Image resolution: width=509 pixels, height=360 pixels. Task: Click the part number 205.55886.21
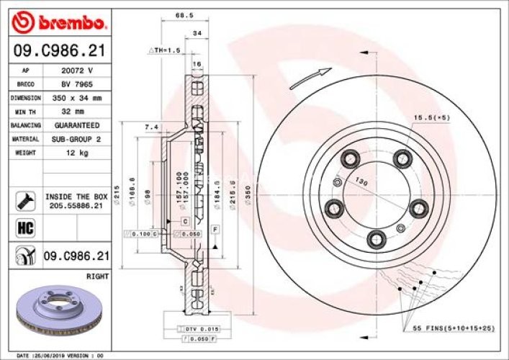tap(76, 205)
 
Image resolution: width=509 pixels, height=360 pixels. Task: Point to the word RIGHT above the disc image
tap(96, 276)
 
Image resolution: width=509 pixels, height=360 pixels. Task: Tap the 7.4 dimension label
tap(151, 127)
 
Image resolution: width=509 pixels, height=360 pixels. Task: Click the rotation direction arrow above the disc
tap(310, 77)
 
